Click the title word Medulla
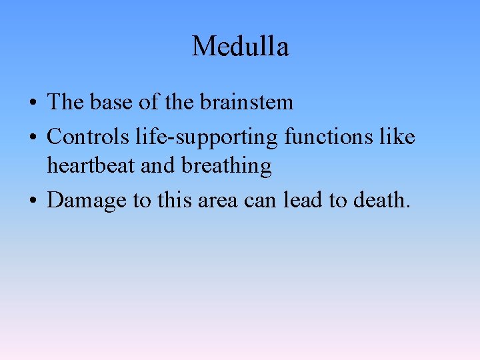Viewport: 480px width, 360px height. [x=240, y=47]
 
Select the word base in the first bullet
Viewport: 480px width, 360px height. [x=111, y=102]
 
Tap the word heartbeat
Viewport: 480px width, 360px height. [x=91, y=166]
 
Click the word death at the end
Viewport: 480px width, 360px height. [x=381, y=200]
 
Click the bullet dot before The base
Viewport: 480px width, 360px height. [x=33, y=103]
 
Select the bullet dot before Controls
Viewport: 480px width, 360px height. [x=33, y=139]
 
